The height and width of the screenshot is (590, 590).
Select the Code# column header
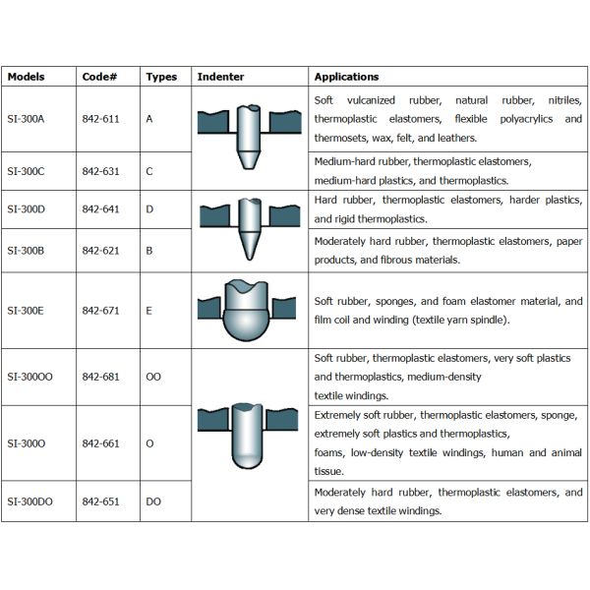click(x=98, y=77)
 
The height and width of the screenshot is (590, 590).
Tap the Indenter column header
click(x=221, y=77)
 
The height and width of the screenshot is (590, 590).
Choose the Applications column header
click(x=346, y=77)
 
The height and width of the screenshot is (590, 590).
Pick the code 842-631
click(x=100, y=171)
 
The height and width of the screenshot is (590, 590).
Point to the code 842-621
click(x=100, y=250)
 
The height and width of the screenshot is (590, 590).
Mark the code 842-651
click(x=100, y=501)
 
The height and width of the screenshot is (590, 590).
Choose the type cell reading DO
click(x=152, y=501)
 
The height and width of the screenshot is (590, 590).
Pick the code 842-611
click(x=100, y=119)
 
